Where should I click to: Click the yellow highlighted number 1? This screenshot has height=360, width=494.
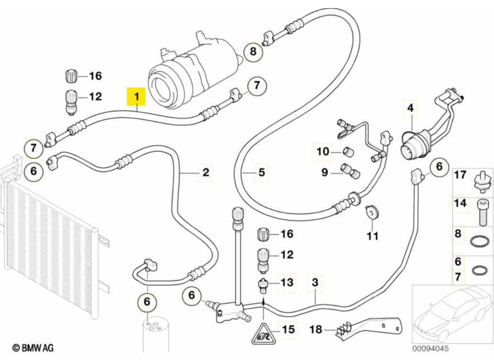tap(136, 97)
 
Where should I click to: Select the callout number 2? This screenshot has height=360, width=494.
tap(206, 172)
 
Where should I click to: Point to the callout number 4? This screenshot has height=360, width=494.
tap(410, 109)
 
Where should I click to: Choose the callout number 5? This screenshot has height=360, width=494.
tap(261, 172)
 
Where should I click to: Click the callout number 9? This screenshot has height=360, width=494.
tap(325, 172)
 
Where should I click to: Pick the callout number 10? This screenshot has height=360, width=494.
tap(323, 152)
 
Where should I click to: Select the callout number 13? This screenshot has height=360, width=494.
tap(287, 283)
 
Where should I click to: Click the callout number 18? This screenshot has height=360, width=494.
tap(316, 329)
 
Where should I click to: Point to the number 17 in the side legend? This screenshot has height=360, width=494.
tap(460, 175)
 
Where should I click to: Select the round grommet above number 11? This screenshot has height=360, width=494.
tap(371, 211)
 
